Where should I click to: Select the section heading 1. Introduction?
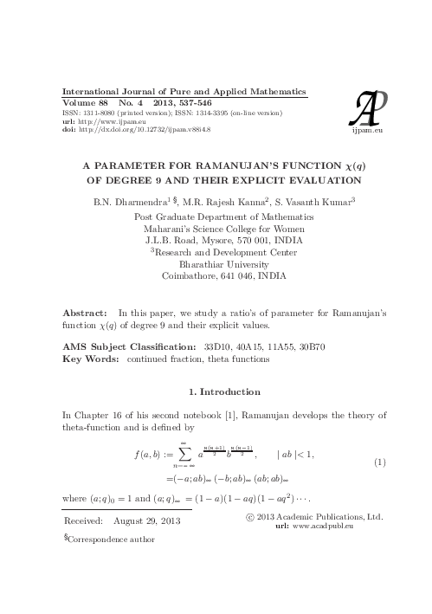pos(217,391)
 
